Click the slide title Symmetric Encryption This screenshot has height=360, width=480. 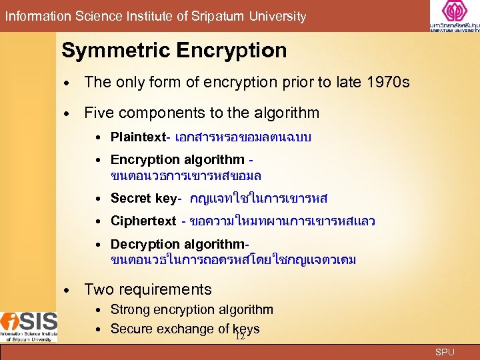pos(174,51)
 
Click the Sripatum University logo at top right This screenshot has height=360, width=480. pos(454,17)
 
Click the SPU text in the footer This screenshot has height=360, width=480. pos(445,351)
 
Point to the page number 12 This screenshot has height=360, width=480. pos(240,337)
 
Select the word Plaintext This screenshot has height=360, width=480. pos(137,138)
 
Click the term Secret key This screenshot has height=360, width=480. pos(143,198)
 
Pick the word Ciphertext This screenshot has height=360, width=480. pos(143,221)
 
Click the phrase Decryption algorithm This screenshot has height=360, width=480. pos(177,244)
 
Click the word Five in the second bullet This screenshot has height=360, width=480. pos(99,113)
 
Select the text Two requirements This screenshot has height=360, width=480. pos(148,289)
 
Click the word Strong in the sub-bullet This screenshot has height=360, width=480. pos(130,309)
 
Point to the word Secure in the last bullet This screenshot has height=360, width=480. pos(131,329)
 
